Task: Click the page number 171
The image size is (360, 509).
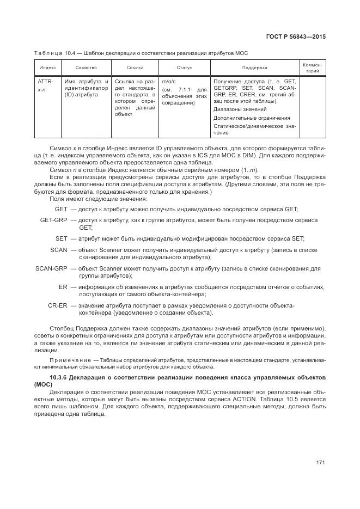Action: pos(320,463)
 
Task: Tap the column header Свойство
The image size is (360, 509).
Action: pos(86,68)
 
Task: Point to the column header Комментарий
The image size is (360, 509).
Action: pos(312,68)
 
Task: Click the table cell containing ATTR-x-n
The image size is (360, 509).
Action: pos(45,85)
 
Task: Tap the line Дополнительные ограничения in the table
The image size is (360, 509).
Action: pos(252,118)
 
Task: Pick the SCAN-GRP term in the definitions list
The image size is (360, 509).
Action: pos(51,269)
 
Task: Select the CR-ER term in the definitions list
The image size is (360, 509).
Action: pos(57,305)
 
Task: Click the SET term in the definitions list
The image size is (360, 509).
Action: pos(61,238)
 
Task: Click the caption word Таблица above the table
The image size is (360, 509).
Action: pos(47,53)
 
